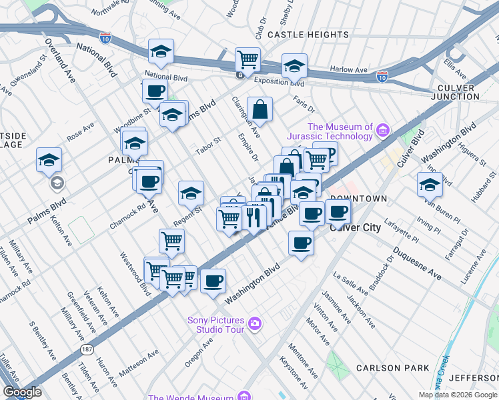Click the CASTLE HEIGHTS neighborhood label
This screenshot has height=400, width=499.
[298, 33]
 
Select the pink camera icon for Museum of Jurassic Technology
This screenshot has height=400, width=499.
[382, 129]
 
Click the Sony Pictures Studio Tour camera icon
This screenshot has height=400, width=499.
[254, 325]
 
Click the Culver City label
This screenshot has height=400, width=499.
[356, 227]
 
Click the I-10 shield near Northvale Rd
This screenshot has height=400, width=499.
[105, 38]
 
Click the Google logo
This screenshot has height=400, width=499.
[22, 392]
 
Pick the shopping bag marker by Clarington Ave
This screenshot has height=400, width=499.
[260, 109]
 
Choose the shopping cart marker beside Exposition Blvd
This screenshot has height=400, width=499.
[247, 59]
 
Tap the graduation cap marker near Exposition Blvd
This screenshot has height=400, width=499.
[294, 66]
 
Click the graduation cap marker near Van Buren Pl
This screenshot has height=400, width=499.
[430, 183]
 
